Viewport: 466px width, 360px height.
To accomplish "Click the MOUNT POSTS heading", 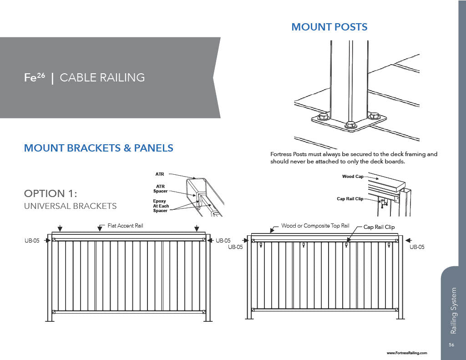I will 329,27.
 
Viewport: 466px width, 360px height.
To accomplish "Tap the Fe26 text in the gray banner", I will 35,77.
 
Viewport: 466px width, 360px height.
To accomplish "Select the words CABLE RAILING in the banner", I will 102,77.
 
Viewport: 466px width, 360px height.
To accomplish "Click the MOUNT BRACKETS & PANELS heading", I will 98,148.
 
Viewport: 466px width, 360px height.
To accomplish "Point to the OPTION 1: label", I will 54,193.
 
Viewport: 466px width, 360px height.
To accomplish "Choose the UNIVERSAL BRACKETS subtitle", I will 70,206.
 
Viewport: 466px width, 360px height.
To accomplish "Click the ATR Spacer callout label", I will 160,189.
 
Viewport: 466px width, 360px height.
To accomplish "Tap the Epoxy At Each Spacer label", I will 161,206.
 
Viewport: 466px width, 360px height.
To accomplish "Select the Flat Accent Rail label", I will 125,225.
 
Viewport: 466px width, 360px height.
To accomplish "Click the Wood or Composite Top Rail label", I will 315,225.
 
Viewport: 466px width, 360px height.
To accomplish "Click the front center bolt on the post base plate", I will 349,124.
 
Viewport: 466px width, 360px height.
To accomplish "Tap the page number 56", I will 451,345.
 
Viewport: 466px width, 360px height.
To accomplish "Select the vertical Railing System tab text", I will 453,310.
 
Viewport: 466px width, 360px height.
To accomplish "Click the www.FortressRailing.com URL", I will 406,353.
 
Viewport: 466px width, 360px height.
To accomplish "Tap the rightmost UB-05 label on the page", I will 417,247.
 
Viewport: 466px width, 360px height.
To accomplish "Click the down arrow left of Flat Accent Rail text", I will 100,227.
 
